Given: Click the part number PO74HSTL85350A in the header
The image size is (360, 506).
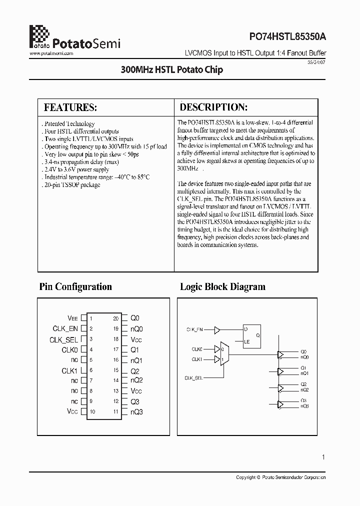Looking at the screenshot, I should (288, 36).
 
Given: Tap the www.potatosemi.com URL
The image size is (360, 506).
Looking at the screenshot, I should (52, 53).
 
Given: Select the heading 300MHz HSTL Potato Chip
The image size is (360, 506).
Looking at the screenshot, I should (171, 70).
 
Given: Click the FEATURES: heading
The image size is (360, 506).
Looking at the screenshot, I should (70, 107).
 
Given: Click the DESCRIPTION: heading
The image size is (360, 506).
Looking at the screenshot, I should (213, 107).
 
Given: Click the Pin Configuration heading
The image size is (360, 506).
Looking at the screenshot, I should (75, 286).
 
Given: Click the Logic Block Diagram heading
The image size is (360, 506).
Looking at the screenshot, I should (222, 286).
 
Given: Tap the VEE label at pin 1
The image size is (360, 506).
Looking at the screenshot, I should (73, 318).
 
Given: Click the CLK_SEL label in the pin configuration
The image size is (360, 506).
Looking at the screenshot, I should (63, 339).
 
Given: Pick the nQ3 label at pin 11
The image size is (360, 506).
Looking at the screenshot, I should (137, 412).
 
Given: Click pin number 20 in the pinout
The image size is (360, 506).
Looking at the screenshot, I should (115, 318).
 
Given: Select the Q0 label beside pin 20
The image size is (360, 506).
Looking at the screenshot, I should (135, 318).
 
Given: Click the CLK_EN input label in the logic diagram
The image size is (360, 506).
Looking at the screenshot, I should (194, 330).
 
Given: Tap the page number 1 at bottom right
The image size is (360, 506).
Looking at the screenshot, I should (323, 457).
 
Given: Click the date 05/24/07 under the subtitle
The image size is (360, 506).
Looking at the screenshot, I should (318, 61).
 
